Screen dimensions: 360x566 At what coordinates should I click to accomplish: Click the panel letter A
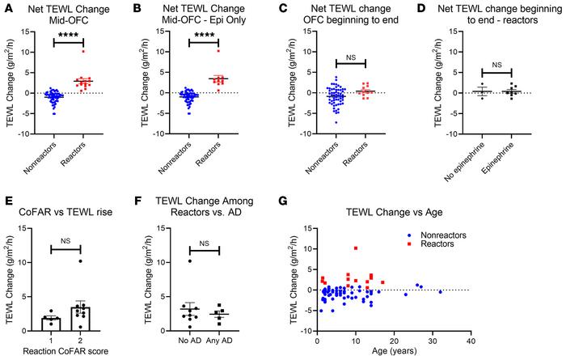6,7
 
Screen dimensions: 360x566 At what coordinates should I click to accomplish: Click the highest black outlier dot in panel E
79,261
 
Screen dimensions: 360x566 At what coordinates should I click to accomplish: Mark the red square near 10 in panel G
356,248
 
